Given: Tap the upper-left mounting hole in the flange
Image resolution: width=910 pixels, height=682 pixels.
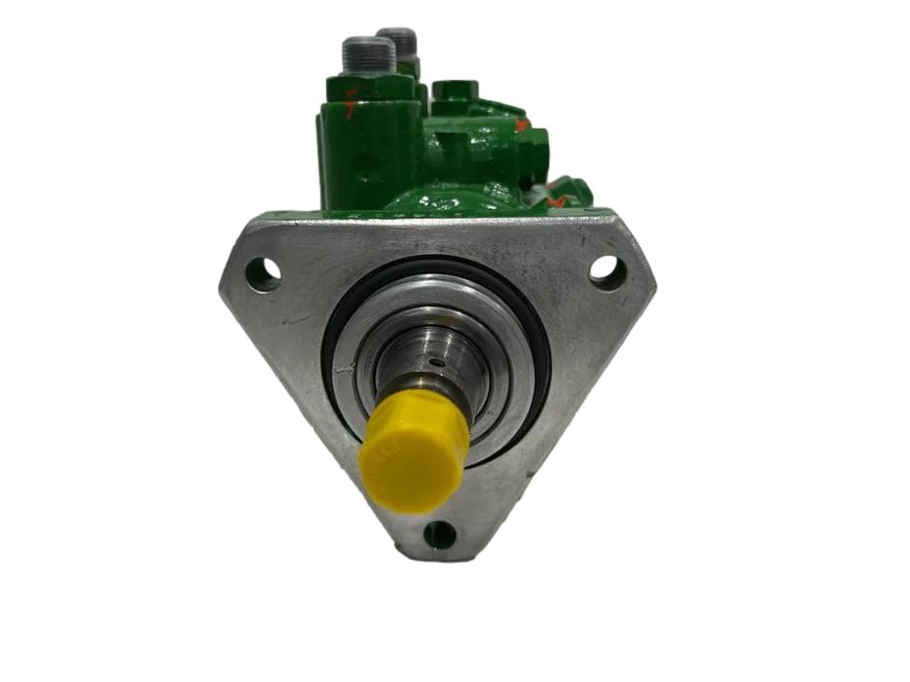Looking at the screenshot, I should tap(262, 275).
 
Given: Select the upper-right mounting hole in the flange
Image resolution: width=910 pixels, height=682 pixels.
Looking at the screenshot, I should tap(607, 271).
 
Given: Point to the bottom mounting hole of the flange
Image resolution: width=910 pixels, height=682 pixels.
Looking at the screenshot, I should tap(440, 533).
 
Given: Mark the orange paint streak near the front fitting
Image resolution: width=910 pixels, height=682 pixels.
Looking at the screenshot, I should tap(349, 95).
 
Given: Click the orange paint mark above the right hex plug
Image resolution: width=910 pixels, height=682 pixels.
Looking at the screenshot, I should tap(522, 124).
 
